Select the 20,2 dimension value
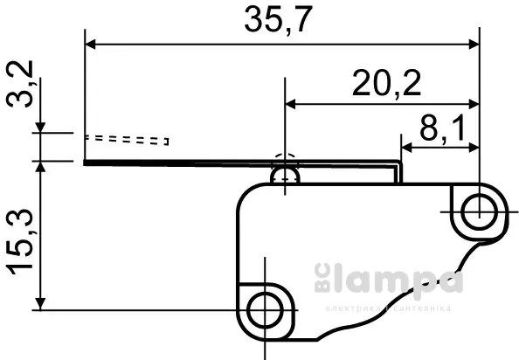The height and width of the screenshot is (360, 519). click(x=386, y=85)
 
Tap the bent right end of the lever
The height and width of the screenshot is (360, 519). click(x=398, y=172)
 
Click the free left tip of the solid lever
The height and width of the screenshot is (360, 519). click(x=87, y=162)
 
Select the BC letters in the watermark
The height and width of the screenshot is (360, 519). click(x=319, y=280)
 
